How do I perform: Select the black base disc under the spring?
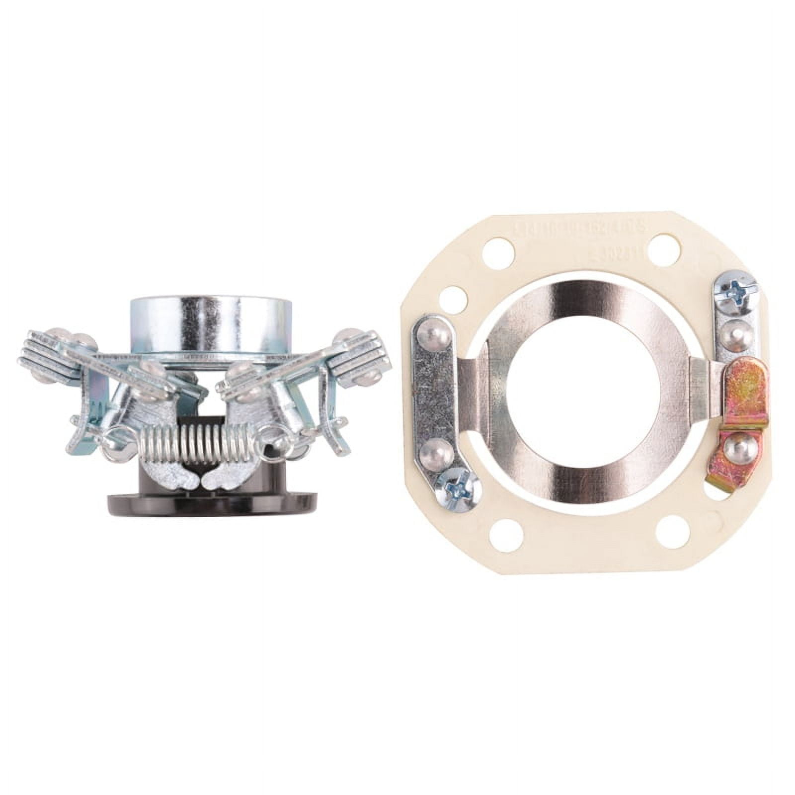[x=214, y=502]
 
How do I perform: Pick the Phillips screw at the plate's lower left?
[x=457, y=489]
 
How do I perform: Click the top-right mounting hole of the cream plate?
[x=662, y=246]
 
